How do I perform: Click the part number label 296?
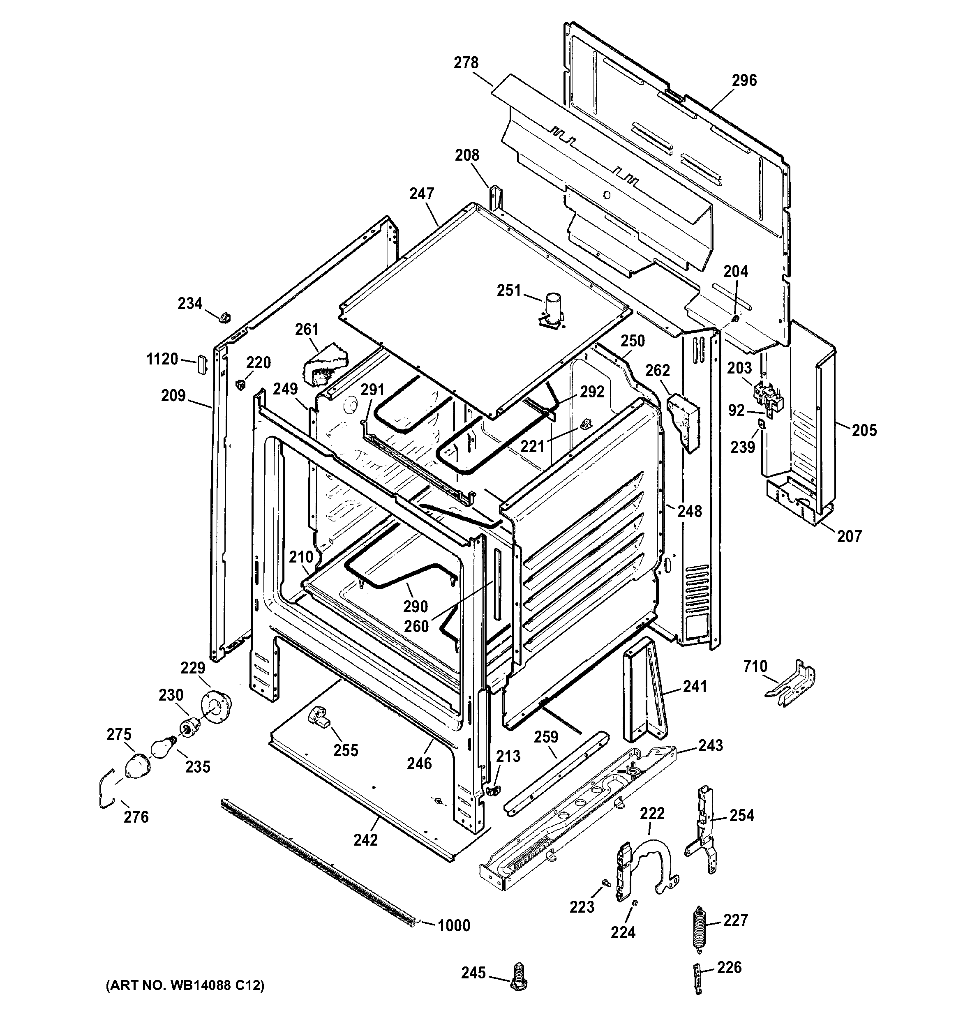click(744, 80)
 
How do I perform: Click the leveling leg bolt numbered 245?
click(519, 976)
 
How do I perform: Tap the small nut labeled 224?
click(635, 904)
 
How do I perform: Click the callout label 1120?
click(162, 359)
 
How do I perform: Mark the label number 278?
click(466, 62)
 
